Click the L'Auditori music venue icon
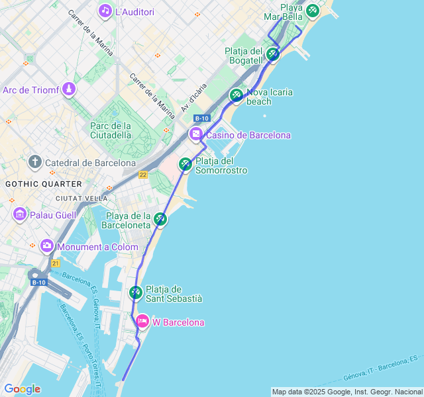pyautogui.click(x=105, y=11)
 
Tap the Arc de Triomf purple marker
pyautogui.click(x=69, y=89)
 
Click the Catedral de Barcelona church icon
pyautogui.click(x=35, y=162)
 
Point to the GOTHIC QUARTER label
pyautogui.click(x=44, y=184)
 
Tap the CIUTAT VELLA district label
pyautogui.click(x=81, y=198)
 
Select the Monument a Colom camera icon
pyautogui.click(x=47, y=247)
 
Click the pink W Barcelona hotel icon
pyautogui.click(x=142, y=322)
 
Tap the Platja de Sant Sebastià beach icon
pyautogui.click(x=135, y=292)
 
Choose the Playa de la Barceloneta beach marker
pyautogui.click(x=160, y=219)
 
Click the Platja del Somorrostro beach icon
pyautogui.click(x=185, y=163)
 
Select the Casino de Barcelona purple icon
pyautogui.click(x=196, y=135)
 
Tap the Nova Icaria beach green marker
pyautogui.click(x=237, y=95)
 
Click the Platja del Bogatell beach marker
pyautogui.click(x=272, y=54)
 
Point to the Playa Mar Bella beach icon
pyautogui.click(x=312, y=11)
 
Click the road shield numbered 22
pyautogui.click(x=143, y=175)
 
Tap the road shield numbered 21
pyautogui.click(x=56, y=263)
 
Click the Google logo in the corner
pyautogui.click(x=22, y=389)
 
